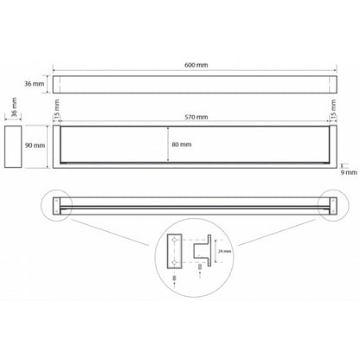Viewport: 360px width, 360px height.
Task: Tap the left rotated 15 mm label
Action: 57,116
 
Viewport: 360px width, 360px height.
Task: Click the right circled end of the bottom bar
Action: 333,205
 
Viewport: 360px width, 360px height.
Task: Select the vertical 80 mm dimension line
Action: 167,145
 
